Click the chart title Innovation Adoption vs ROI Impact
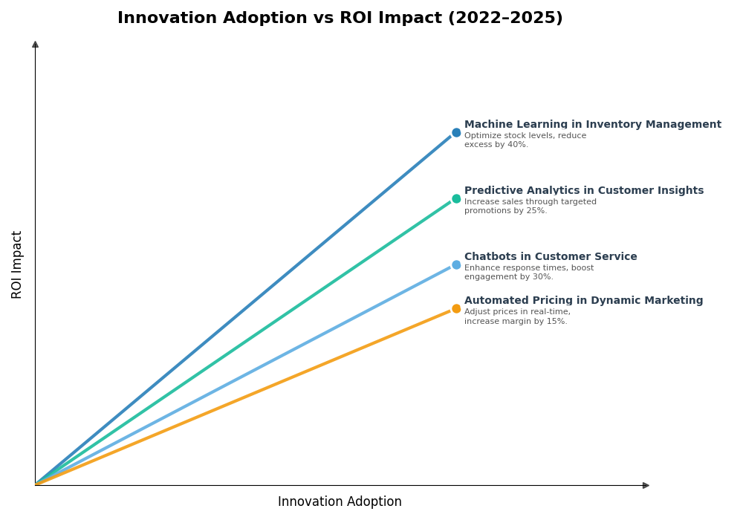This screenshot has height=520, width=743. pyautogui.click(x=340, y=19)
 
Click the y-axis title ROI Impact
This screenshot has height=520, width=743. pyautogui.click(x=17, y=264)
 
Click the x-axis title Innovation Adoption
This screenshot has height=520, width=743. pyautogui.click(x=340, y=502)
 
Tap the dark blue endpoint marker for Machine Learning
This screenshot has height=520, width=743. pyautogui.click(x=456, y=133)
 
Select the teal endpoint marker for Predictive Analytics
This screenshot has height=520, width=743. pyautogui.click(x=456, y=199)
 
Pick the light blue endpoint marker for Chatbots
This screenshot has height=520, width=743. pyautogui.click(x=456, y=265)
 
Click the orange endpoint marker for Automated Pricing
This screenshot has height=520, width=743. pyautogui.click(x=456, y=309)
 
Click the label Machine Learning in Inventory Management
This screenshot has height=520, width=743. pyautogui.click(x=592, y=125)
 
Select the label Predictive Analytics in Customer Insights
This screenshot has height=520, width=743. pyautogui.click(x=583, y=191)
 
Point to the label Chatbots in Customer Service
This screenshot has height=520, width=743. pyautogui.click(x=550, y=257)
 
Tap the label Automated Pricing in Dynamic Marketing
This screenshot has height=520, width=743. pyautogui.click(x=583, y=301)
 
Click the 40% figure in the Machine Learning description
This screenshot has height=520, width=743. pyautogui.click(x=518, y=145)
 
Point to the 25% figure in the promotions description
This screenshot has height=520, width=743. pyautogui.click(x=536, y=211)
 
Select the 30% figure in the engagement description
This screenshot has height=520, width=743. pyautogui.click(x=542, y=277)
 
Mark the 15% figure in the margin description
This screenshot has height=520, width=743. pyautogui.click(x=557, y=322)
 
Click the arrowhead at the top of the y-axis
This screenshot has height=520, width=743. pyautogui.click(x=35, y=45)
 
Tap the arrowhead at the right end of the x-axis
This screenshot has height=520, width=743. pyautogui.click(x=646, y=485)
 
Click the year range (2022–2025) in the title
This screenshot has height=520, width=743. pyautogui.click(x=505, y=19)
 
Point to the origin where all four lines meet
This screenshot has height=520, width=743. pyautogui.click(x=36, y=484)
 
